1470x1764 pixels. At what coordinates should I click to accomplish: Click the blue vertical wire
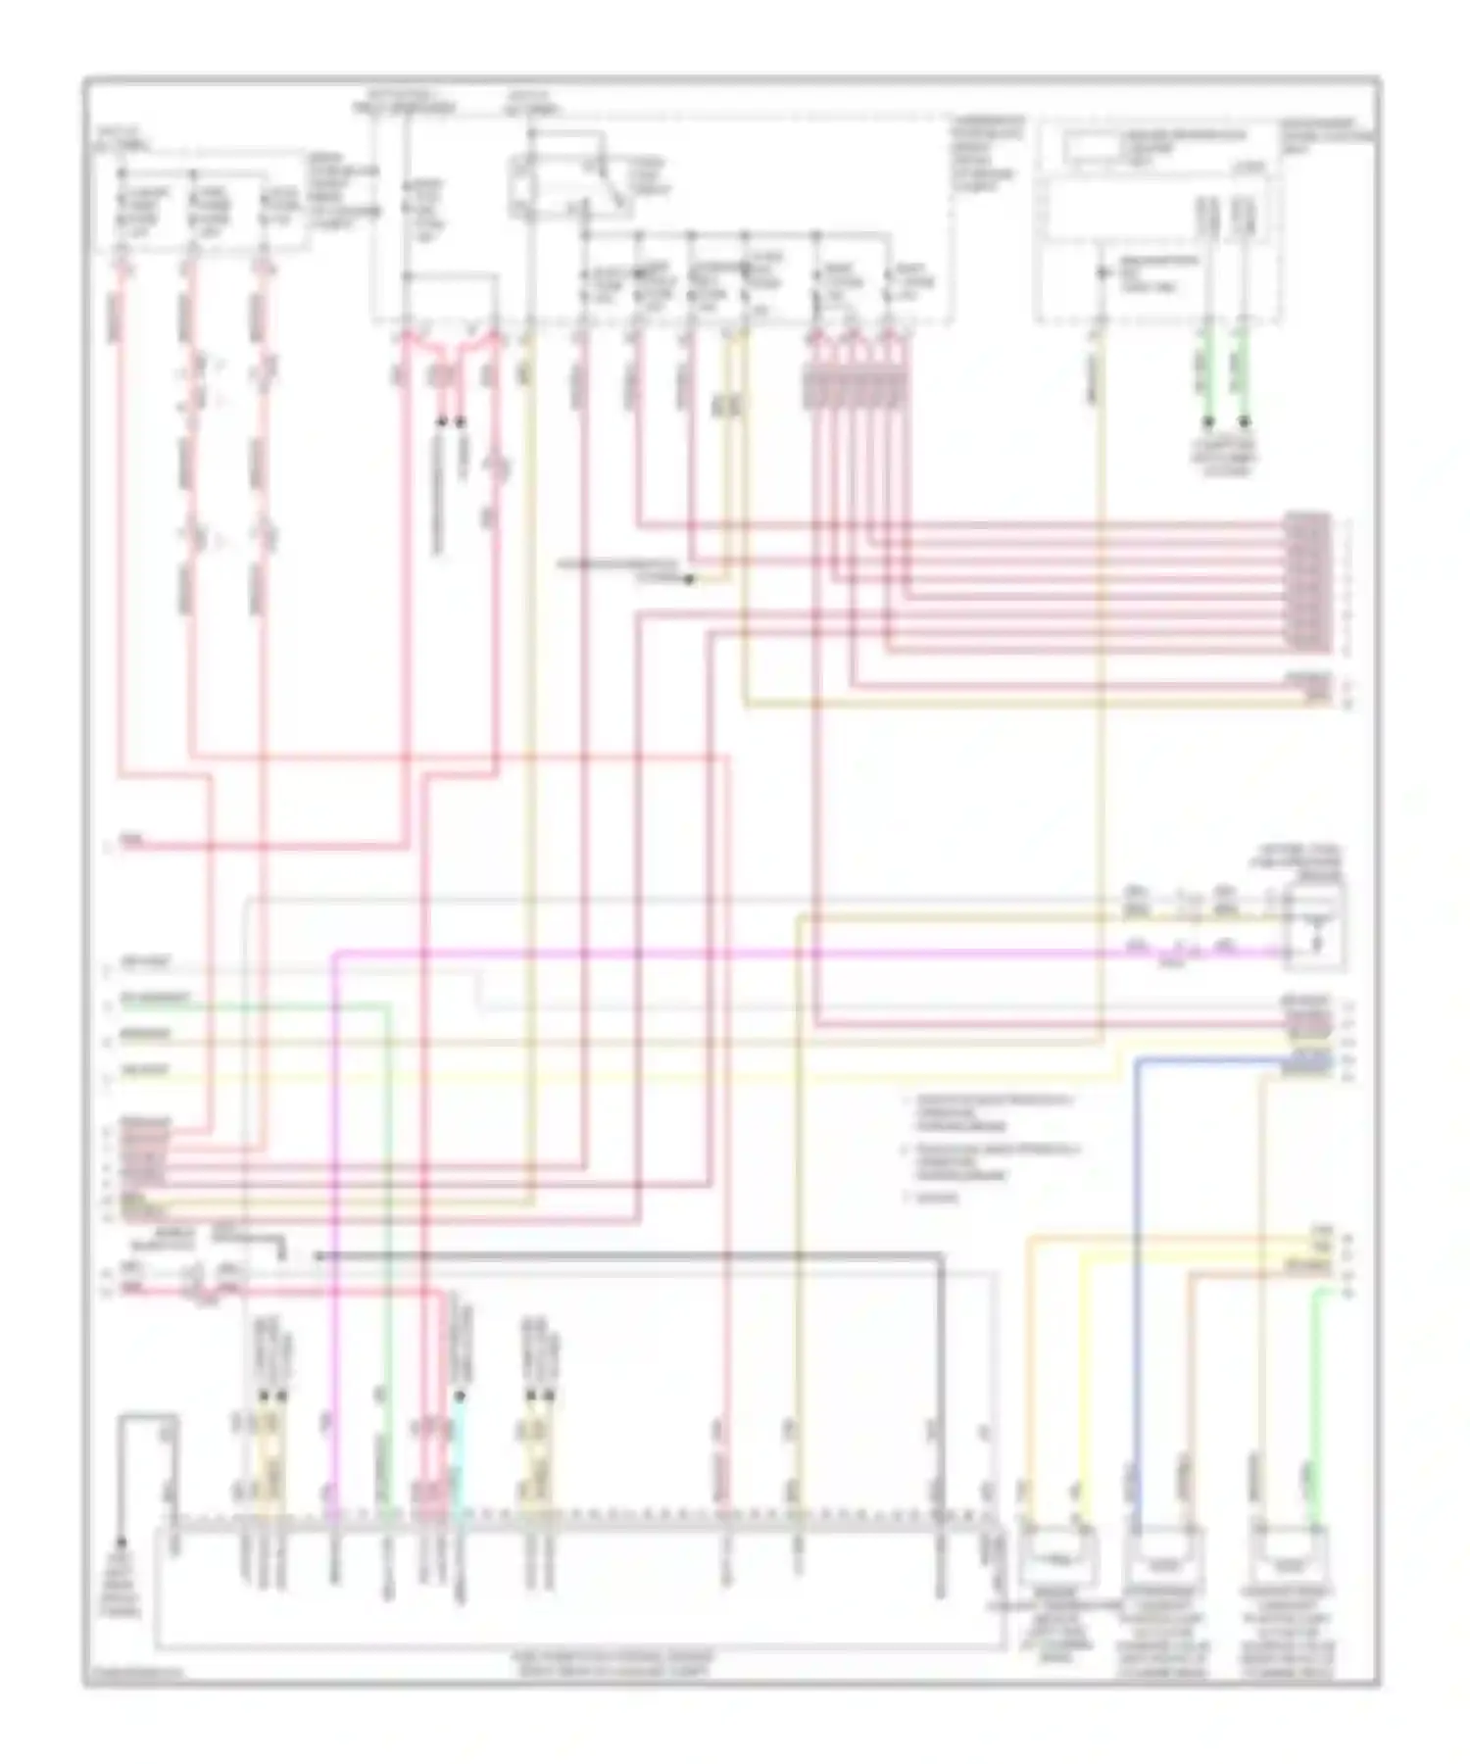coord(1138,1274)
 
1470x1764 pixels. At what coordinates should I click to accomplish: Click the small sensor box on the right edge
coord(1315,922)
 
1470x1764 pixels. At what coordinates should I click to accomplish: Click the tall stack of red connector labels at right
coord(1309,582)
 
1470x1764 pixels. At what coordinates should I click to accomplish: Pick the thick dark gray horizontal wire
coord(627,1255)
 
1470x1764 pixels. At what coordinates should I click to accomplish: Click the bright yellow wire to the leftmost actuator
coord(1084,1372)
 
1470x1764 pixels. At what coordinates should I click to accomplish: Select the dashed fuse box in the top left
coord(196,201)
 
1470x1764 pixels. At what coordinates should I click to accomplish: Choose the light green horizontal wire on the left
coord(255,1005)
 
